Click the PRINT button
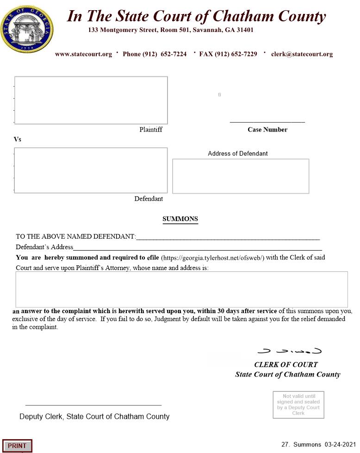pos(17,446)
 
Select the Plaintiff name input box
pos(91,100)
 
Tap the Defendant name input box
pos(91,170)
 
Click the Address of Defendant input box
pos(241,176)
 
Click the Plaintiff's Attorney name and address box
pos(181,289)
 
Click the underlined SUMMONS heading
pos(180,219)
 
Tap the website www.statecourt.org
pos(83,54)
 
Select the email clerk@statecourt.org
pos(302,54)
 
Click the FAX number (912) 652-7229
pos(228,54)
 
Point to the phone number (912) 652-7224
pos(155,54)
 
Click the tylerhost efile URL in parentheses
pos(212,258)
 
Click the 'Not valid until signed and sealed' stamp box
pos(298,405)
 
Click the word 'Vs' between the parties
pos(18,139)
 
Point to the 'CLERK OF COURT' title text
pos(286,365)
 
